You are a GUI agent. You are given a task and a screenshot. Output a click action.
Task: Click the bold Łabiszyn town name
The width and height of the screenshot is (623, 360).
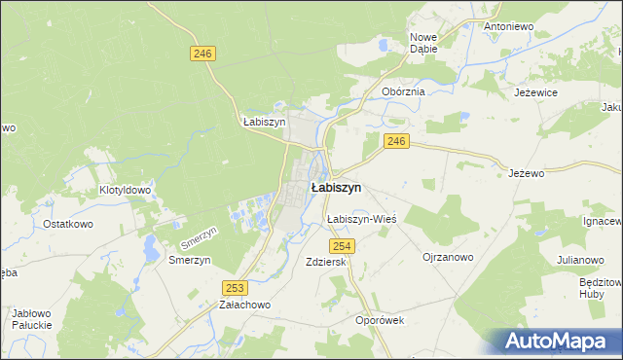click(336, 187)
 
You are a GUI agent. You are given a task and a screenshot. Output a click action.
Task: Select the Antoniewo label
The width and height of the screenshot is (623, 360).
click(509, 26)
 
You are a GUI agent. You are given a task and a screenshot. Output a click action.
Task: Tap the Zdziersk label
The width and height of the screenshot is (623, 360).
click(326, 262)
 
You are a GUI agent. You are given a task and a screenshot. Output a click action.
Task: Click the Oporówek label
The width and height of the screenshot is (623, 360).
click(380, 320)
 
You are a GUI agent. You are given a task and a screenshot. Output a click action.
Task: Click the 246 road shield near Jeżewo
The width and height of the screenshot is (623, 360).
click(395, 142)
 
